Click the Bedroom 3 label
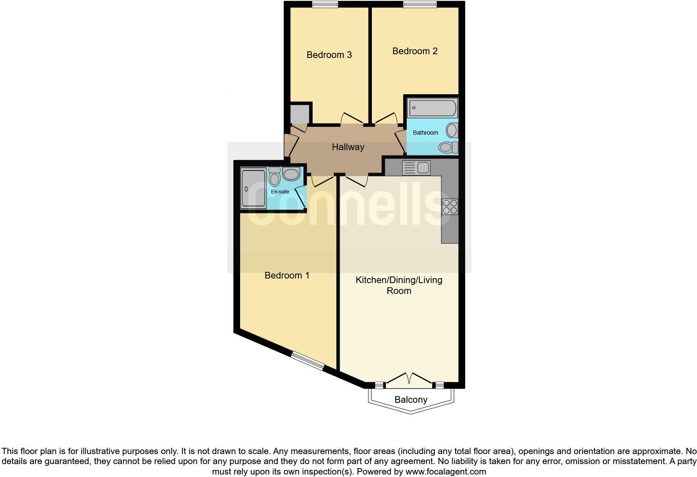(329, 55)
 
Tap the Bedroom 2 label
(415, 51)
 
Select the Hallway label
(348, 147)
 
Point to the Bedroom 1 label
(287, 275)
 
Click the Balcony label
(411, 399)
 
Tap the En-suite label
(280, 192)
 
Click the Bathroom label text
(425, 133)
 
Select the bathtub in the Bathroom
(432, 108)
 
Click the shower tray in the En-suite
(253, 188)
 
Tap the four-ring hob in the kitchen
(450, 207)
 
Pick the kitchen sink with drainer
(416, 168)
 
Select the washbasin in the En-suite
(291, 174)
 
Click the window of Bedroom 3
(325, 5)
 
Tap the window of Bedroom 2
(420, 5)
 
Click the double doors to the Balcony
(409, 379)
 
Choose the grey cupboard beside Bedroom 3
(300, 113)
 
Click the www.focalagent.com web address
(446, 472)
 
